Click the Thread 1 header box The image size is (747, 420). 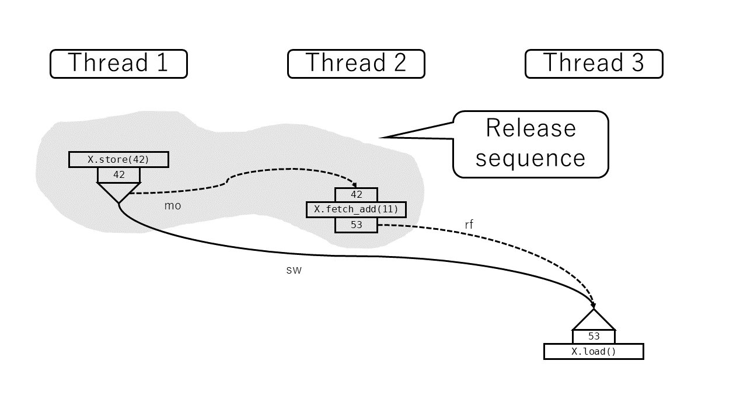[x=118, y=64]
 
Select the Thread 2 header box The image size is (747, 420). [x=356, y=64]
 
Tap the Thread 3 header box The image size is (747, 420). [x=594, y=64]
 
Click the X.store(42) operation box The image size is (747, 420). [x=118, y=159]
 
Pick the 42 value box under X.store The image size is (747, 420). [x=118, y=175]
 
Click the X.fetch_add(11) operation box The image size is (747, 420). [x=356, y=209]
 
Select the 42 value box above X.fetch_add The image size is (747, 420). [x=356, y=195]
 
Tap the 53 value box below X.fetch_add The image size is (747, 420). [x=356, y=225]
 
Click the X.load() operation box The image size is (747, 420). [x=594, y=352]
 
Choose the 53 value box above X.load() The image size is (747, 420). [x=594, y=337]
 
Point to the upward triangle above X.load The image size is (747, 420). [x=594, y=321]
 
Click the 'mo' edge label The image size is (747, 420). [x=173, y=206]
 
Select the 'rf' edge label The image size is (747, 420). [x=469, y=225]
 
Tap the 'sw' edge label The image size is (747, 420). [x=294, y=271]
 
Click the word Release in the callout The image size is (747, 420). [x=530, y=128]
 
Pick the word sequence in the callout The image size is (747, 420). [x=530, y=158]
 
